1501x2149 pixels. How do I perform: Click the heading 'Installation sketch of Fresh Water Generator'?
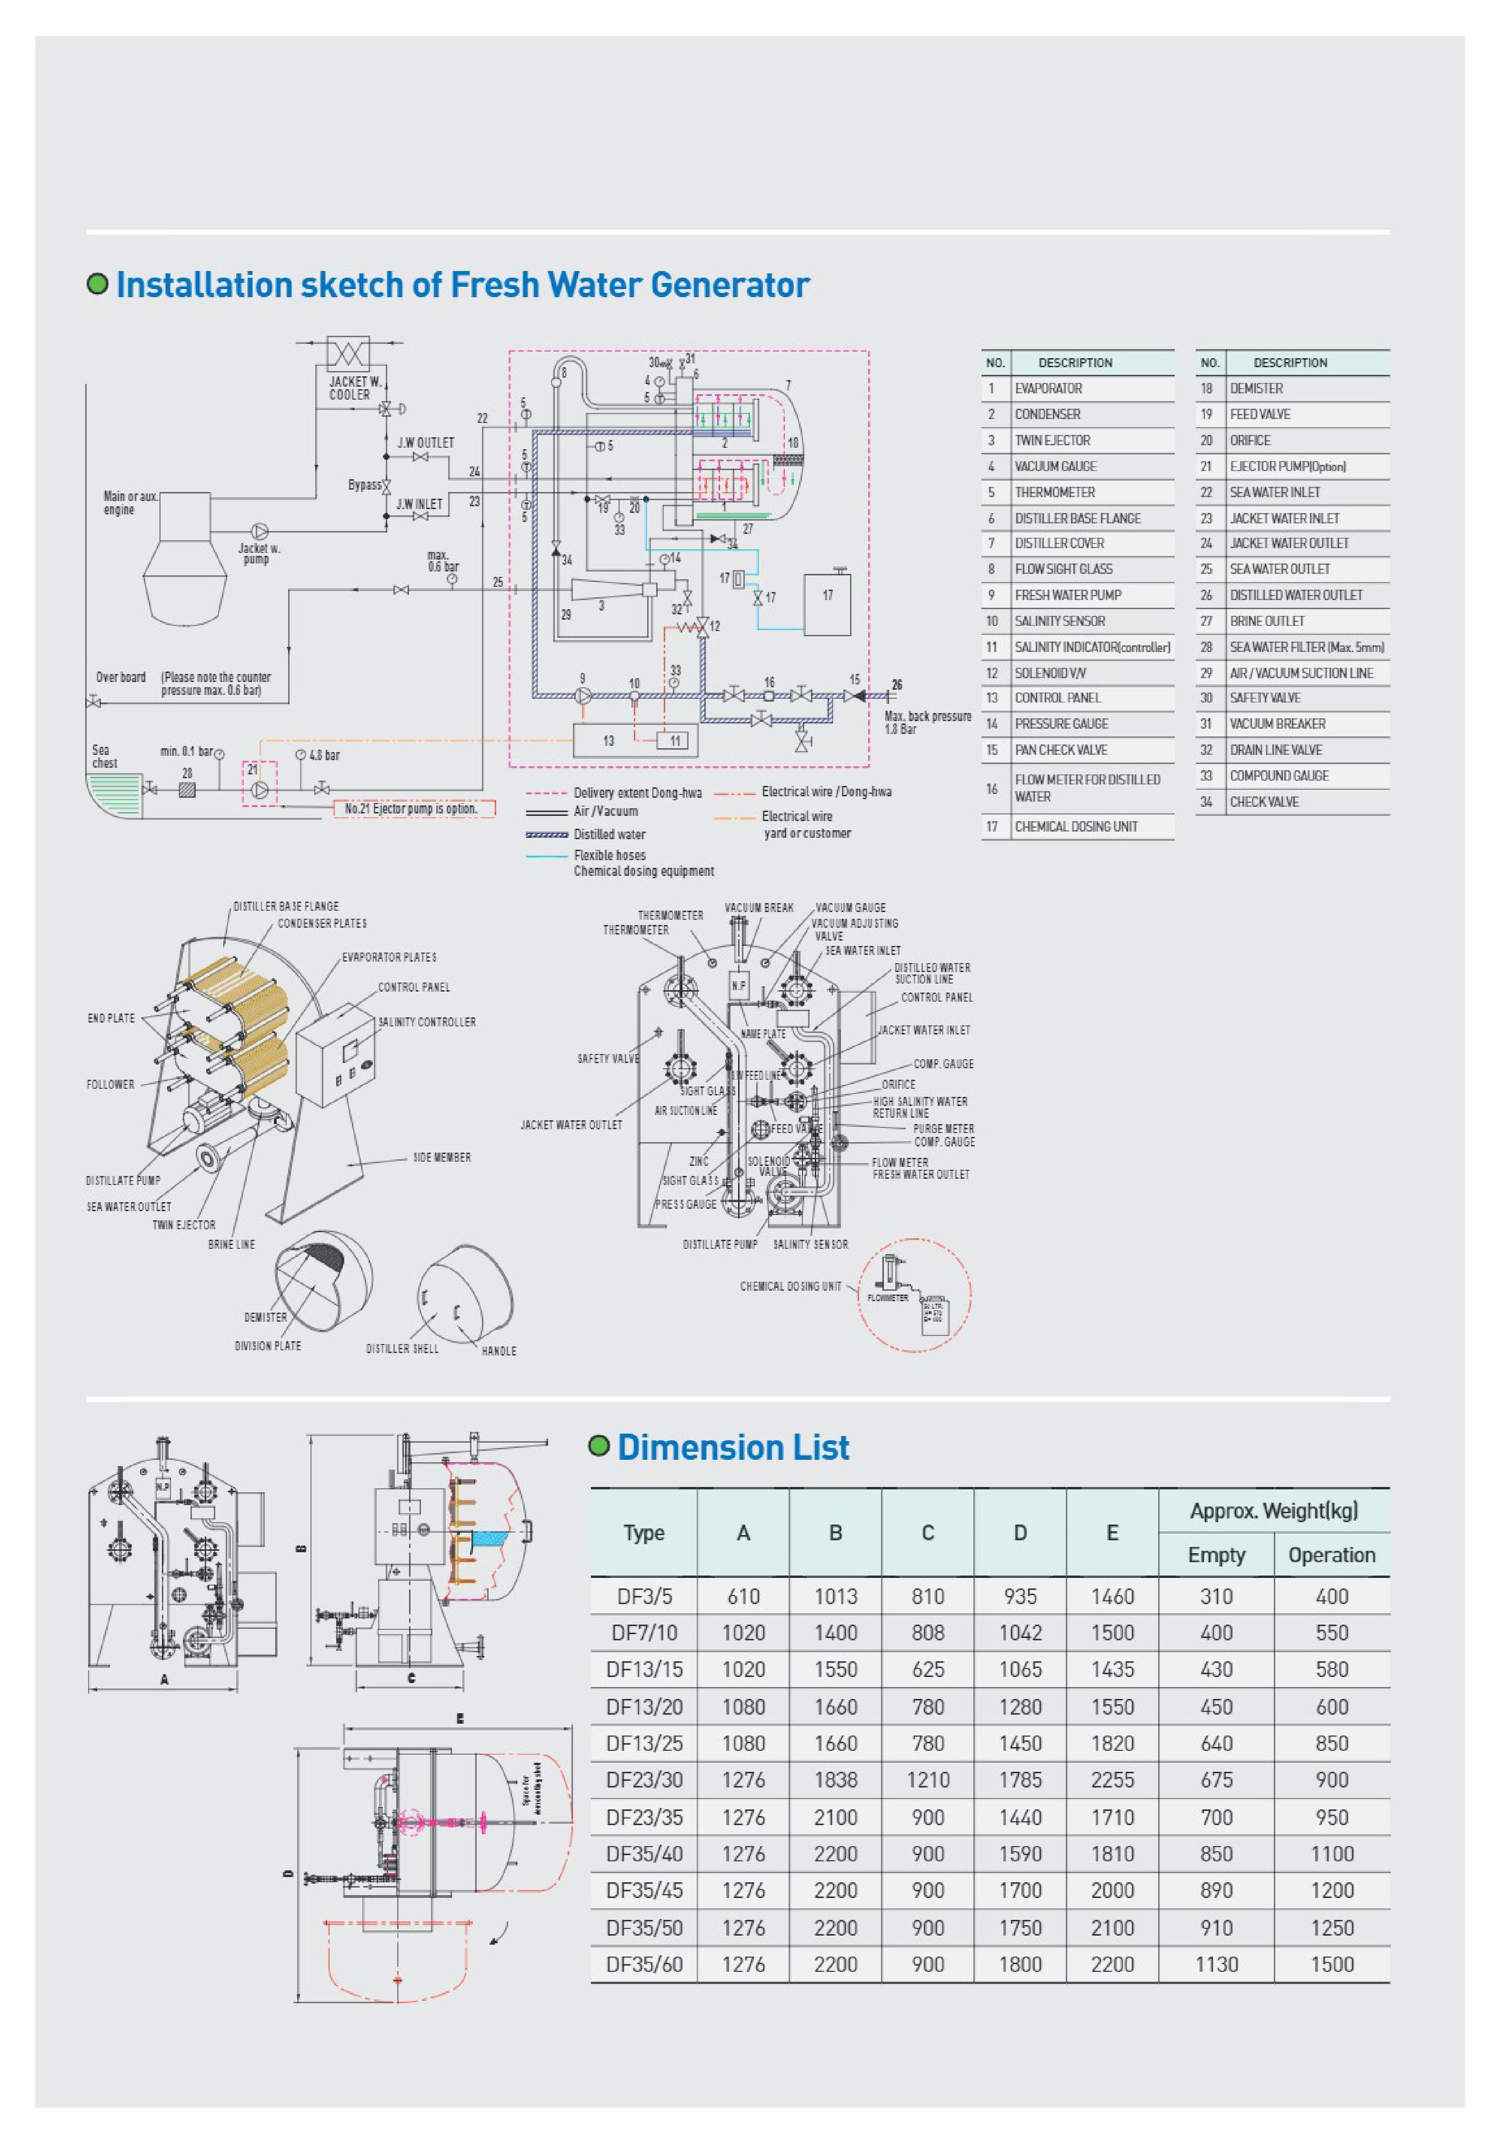pyautogui.click(x=462, y=284)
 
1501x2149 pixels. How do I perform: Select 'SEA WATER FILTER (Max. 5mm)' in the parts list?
pyautogui.click(x=1306, y=647)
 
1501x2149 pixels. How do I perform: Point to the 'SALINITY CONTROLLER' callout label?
pyautogui.click(x=427, y=1022)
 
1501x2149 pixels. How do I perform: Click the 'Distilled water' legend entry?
pyautogui.click(x=609, y=834)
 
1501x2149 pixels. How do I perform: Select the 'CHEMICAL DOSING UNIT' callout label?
pyautogui.click(x=790, y=1286)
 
